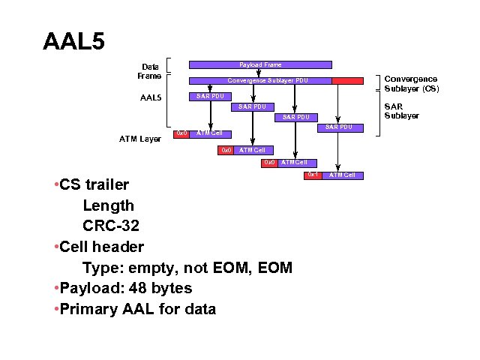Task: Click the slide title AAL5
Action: pos(73,40)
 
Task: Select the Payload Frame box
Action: pos(260,65)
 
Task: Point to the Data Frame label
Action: pos(148,71)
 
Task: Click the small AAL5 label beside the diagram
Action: pos(151,97)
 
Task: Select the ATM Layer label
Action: pos(140,139)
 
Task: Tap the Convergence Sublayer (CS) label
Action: pos(411,83)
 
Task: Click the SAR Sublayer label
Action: pos(401,111)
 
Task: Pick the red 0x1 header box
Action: pos(313,175)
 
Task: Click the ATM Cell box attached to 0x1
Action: pos(343,175)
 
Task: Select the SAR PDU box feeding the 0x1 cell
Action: pos(339,127)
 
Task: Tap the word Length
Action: pos(109,205)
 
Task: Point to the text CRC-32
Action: pos(111,226)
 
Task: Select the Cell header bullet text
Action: pos(102,246)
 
